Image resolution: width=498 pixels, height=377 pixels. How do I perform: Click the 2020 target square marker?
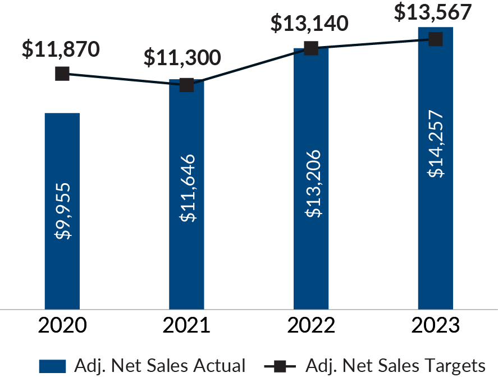pos(62,74)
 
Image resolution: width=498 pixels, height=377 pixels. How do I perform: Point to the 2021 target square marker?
pos(186,85)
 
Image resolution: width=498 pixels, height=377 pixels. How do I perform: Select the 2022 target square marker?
pos(311,48)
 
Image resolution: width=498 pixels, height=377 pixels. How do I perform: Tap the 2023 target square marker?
pos(436,39)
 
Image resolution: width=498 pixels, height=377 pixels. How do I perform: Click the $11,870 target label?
pos(61,49)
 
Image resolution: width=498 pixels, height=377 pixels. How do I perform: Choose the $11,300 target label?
pos(182,58)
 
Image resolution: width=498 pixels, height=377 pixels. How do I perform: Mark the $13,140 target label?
pos(309,24)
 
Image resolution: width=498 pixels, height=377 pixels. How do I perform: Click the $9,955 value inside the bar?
pos(62,211)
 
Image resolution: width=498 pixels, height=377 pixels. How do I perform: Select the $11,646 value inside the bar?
pos(187,188)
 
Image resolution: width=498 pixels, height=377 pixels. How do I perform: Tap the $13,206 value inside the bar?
pos(312,183)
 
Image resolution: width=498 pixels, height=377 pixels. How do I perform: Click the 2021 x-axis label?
pos(186,326)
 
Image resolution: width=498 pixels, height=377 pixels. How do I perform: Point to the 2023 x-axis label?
pos(435,326)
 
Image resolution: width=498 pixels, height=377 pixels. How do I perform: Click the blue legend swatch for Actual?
pos(53,366)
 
